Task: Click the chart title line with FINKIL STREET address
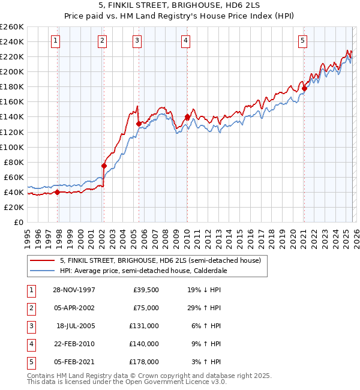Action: click(180, 5)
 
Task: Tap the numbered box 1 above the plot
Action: click(55, 41)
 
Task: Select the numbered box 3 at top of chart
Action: click(137, 41)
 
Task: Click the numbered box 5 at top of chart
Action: click(302, 41)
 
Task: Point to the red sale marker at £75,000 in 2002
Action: click(104, 166)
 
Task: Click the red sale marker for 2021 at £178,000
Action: click(304, 88)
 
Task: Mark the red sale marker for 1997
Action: click(58, 192)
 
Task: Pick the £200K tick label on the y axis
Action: click(12, 71)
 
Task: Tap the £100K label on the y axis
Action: click(12, 147)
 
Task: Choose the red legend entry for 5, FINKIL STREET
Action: click(160, 261)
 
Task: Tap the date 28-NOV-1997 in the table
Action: click(74, 289)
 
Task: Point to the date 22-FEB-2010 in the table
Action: click(74, 344)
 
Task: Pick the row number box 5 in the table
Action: click(31, 362)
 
